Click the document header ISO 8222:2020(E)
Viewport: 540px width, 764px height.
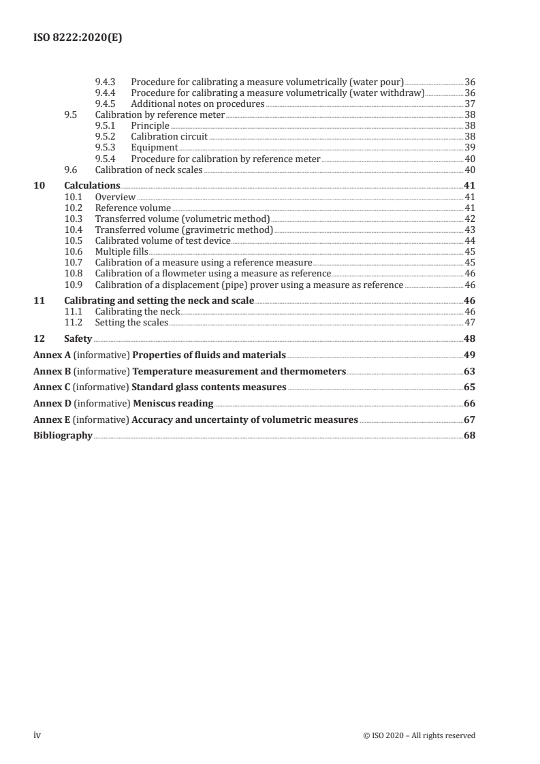coord(78,39)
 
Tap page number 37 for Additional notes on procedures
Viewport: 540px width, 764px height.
coord(469,104)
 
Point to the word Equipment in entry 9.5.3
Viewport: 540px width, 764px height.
coord(154,148)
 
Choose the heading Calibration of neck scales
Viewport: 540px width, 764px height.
coord(148,170)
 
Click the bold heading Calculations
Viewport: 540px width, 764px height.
coord(92,186)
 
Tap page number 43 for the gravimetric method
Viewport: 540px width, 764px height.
coord(469,229)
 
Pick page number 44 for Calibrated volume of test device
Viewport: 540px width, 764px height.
coord(469,240)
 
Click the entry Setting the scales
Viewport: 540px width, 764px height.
coord(131,322)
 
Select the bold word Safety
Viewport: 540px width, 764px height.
coord(78,338)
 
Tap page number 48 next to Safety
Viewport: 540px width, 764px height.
coord(469,338)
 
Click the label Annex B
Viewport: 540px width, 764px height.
coord(52,371)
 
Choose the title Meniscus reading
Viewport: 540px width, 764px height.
coord(173,403)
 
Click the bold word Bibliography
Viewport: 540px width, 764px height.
coord(63,436)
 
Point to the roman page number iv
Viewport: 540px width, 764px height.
coord(37,735)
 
